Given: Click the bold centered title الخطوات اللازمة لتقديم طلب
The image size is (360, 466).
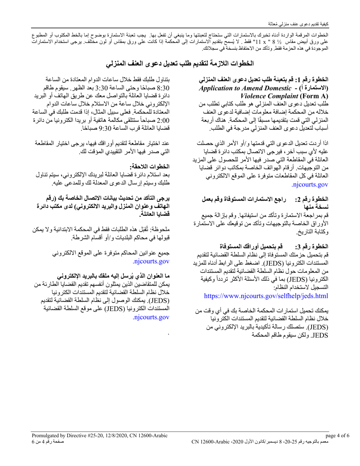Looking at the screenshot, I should pos(180,63).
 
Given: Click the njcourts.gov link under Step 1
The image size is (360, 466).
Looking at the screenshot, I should pos(310,185).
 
